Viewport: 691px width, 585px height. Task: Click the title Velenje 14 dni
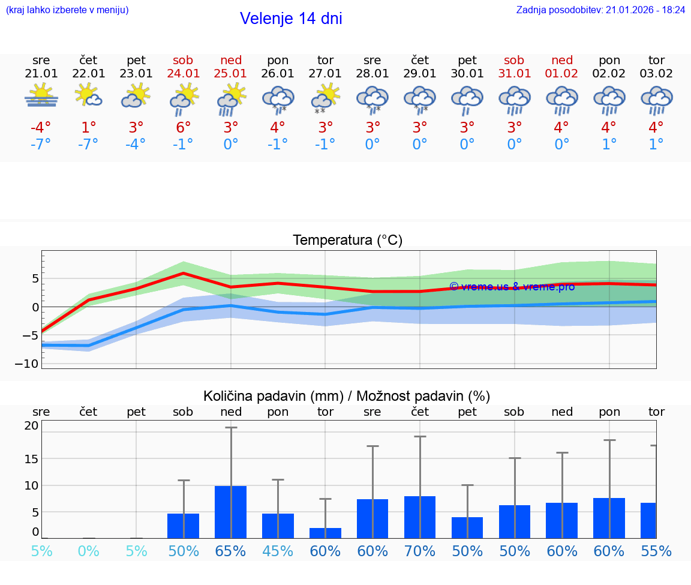(x=291, y=19)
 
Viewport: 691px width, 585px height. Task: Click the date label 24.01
(x=184, y=74)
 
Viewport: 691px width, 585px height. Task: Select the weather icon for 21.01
(x=41, y=97)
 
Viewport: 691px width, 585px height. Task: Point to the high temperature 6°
(x=184, y=128)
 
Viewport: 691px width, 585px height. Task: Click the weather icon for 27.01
(x=325, y=98)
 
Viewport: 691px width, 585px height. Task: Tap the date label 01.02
(x=562, y=74)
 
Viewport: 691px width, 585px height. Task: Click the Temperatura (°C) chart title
(x=347, y=241)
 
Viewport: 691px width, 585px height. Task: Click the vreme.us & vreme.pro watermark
(x=512, y=287)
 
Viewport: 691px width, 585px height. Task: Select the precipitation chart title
(x=347, y=396)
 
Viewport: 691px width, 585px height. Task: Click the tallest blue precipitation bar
(x=231, y=512)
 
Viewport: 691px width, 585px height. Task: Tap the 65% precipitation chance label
(x=231, y=551)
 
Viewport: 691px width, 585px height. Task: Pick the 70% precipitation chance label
(x=420, y=551)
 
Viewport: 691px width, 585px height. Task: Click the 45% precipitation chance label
(x=278, y=551)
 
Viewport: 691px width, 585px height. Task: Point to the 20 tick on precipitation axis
(x=32, y=426)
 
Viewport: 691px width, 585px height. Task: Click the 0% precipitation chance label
(x=89, y=551)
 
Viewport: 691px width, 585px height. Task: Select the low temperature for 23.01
(x=136, y=145)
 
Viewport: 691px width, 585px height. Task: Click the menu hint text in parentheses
(x=67, y=10)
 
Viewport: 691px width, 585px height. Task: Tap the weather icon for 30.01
(x=467, y=100)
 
